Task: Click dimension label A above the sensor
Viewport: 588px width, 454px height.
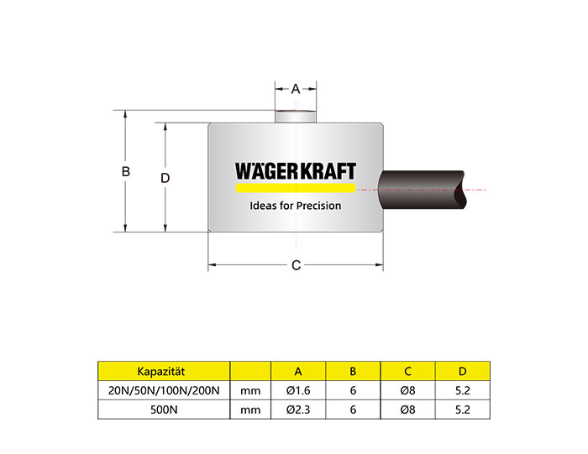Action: (296, 89)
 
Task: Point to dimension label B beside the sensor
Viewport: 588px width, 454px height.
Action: (126, 171)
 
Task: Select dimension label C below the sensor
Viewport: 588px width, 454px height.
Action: (296, 265)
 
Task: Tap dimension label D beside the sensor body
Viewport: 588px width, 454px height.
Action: (165, 178)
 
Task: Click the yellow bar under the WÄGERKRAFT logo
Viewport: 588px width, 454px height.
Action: (296, 188)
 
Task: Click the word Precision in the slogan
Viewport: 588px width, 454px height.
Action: (318, 206)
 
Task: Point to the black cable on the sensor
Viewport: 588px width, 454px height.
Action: (422, 190)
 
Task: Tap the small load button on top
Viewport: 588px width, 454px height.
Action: (296, 117)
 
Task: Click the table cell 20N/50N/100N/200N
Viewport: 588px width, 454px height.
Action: (164, 390)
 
